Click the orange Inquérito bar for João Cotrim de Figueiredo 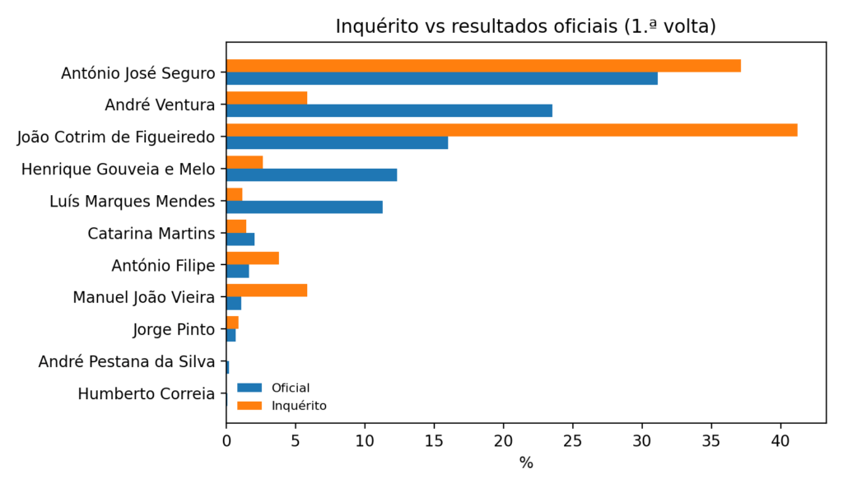click(x=510, y=130)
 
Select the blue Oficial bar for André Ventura click(x=389, y=111)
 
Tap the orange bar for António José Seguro click(x=482, y=66)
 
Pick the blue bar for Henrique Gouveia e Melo click(x=311, y=175)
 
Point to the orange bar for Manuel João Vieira click(x=266, y=290)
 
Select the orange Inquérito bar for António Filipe click(x=252, y=258)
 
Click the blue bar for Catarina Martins click(x=240, y=239)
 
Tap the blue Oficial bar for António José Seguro click(x=441, y=79)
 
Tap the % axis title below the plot click(x=525, y=462)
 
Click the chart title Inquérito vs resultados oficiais click(x=525, y=26)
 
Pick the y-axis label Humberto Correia click(x=146, y=393)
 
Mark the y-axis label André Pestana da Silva click(x=126, y=361)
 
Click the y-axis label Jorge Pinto click(x=174, y=330)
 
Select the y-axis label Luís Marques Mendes click(x=132, y=201)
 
